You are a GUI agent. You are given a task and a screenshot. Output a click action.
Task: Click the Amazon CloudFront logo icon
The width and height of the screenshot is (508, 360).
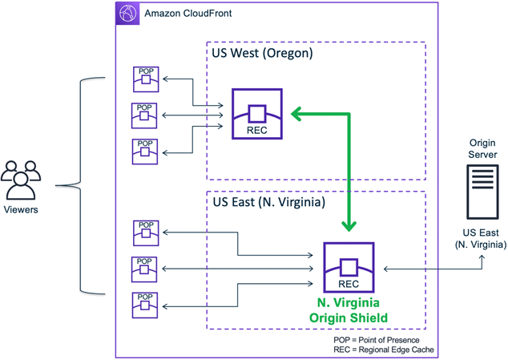127,14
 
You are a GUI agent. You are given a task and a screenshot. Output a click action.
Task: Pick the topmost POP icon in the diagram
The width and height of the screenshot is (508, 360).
145,79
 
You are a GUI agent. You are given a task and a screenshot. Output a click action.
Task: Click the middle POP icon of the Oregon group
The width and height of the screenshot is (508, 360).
145,115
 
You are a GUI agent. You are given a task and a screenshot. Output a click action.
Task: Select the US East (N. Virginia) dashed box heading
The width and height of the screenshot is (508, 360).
268,203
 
